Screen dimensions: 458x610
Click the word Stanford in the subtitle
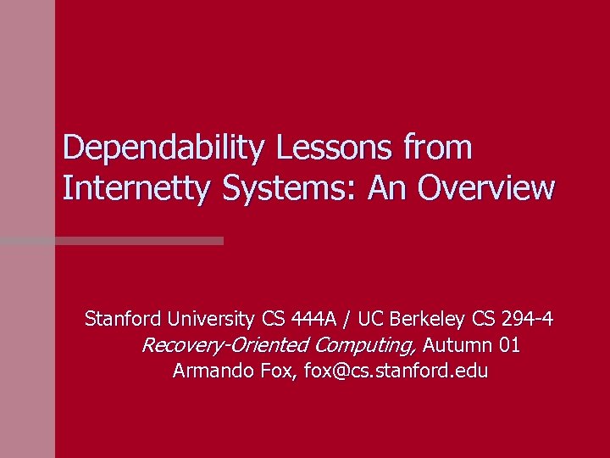(x=122, y=320)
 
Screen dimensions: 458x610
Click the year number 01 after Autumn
(x=510, y=346)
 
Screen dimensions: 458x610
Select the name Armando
(x=208, y=371)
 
